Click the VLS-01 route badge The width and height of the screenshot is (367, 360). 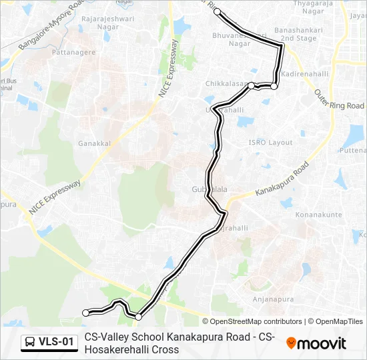49,343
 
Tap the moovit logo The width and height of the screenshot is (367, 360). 316,343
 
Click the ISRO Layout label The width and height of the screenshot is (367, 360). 270,143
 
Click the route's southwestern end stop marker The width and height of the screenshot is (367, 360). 85,313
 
